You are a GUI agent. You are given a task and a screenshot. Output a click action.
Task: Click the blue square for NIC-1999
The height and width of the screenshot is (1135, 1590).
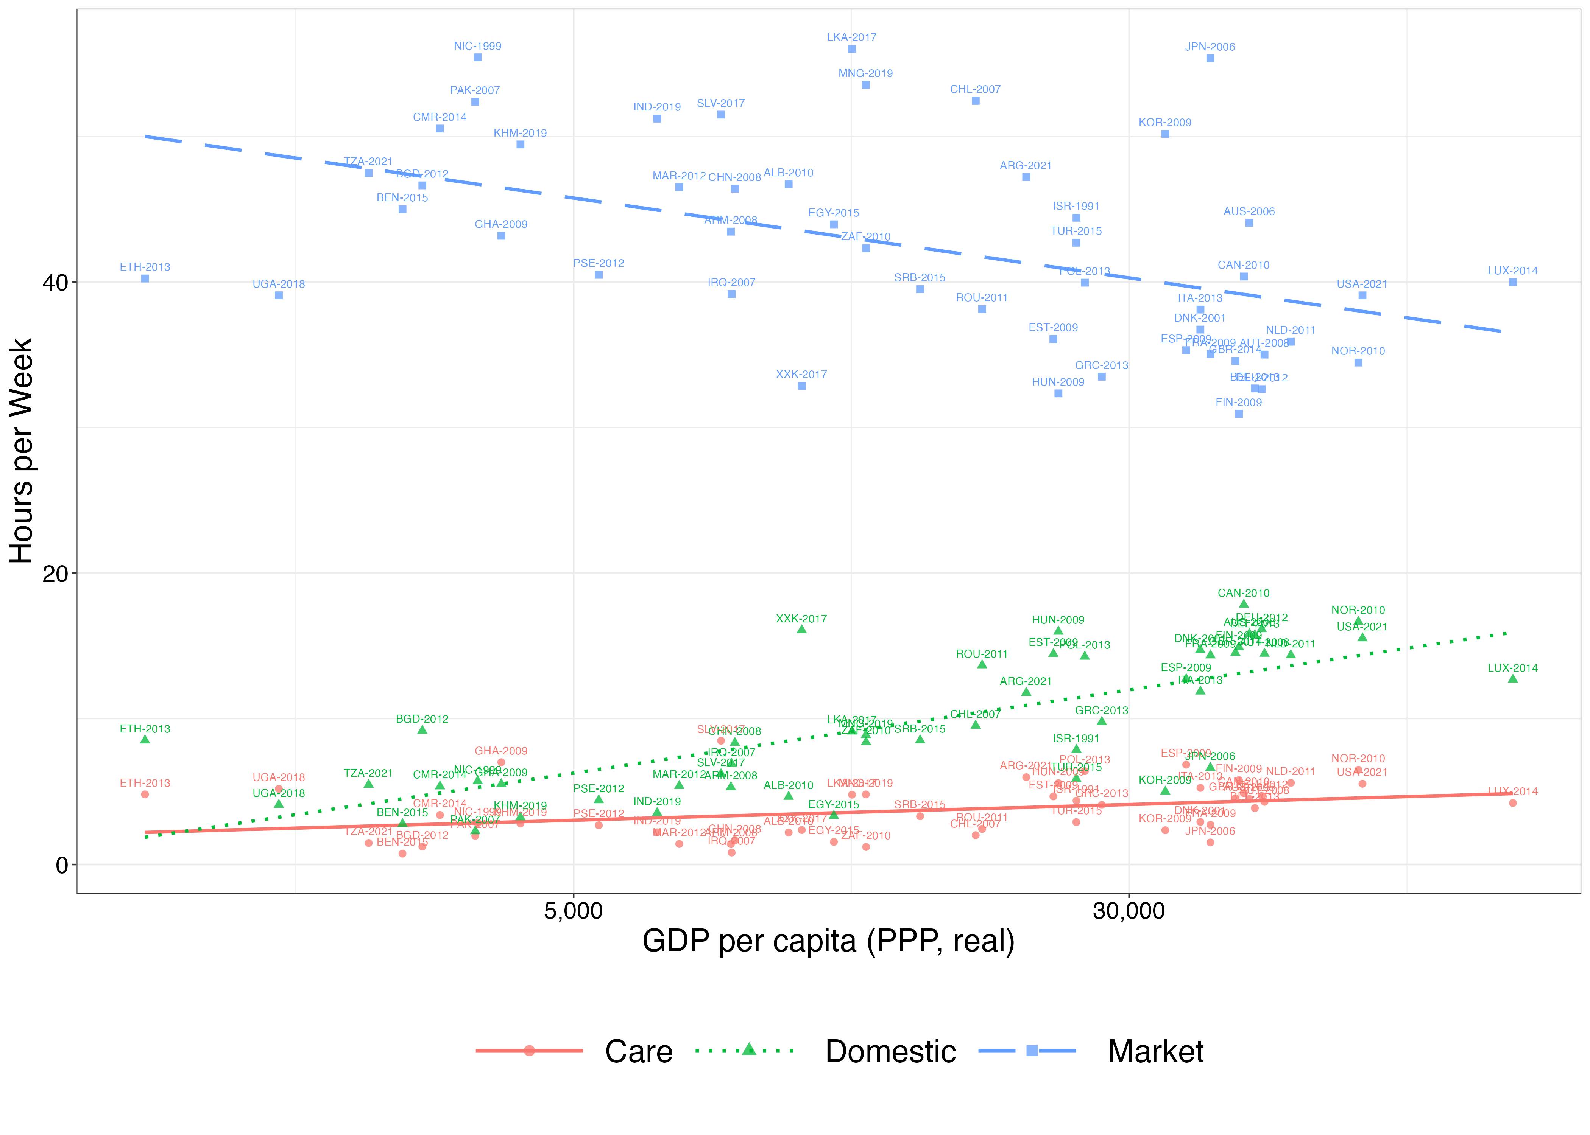click(x=477, y=57)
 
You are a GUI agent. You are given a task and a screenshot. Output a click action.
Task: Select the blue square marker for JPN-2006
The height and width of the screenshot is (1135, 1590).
click(x=1210, y=58)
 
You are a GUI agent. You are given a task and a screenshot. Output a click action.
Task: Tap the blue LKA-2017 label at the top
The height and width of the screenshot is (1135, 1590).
click(x=852, y=37)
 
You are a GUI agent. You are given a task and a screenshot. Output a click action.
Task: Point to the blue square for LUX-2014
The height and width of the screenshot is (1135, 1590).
click(x=1513, y=282)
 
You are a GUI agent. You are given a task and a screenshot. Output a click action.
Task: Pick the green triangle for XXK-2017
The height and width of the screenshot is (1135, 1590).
click(x=802, y=630)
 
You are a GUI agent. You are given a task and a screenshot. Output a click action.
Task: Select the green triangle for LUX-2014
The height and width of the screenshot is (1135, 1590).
click(x=1513, y=679)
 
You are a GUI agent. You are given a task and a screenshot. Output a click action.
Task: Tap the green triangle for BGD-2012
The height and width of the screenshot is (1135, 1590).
click(x=422, y=730)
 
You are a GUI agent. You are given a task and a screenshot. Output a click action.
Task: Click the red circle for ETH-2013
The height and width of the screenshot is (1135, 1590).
click(x=145, y=794)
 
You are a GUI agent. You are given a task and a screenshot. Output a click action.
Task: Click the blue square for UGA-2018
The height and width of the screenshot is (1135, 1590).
click(x=279, y=295)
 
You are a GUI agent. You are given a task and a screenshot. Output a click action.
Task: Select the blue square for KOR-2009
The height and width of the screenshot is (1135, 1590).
click(x=1165, y=134)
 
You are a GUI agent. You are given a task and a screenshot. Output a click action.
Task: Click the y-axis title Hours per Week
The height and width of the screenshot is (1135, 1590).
click(x=21, y=451)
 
